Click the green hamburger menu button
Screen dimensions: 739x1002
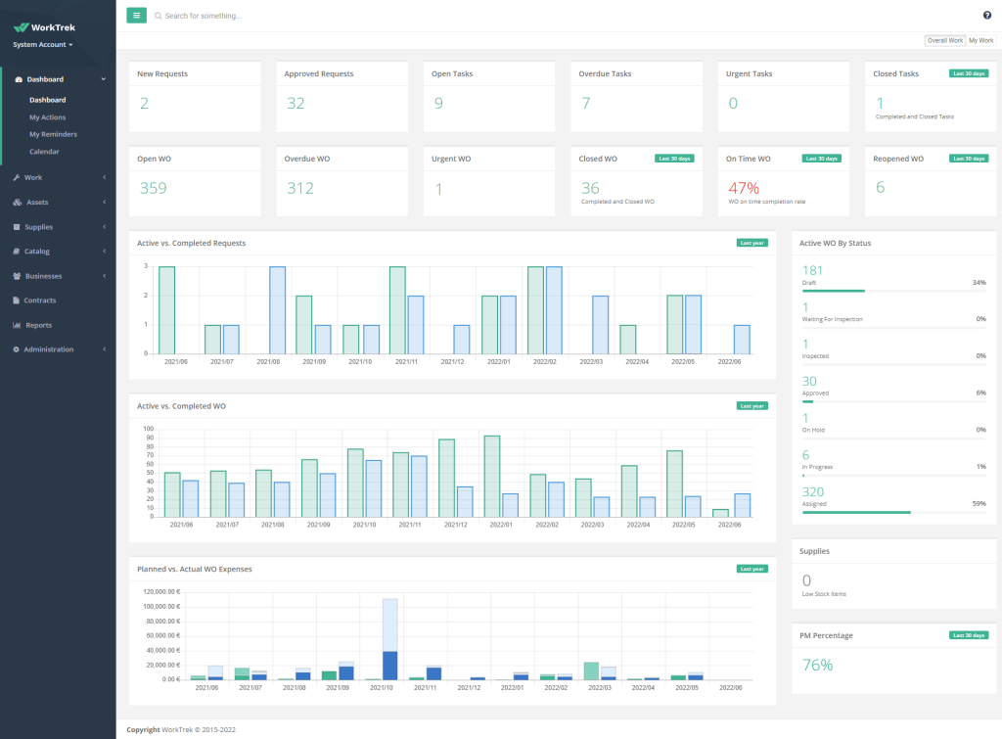[137, 16]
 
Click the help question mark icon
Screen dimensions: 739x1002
[987, 15]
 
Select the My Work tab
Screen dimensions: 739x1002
[980, 40]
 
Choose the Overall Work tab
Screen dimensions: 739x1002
[945, 40]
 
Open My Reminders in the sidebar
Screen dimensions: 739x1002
[53, 134]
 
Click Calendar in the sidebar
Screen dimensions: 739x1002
[44, 152]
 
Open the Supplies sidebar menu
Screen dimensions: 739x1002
[39, 226]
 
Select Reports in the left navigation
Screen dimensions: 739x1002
[39, 325]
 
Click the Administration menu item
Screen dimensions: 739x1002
[49, 349]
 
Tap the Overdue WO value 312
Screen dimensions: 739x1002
[300, 189]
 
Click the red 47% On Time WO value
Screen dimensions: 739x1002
[743, 187]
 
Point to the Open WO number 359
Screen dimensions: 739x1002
[153, 189]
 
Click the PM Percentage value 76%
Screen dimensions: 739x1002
[817, 666]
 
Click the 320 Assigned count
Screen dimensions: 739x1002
[813, 492]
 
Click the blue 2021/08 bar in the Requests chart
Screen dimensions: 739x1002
[277, 309]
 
